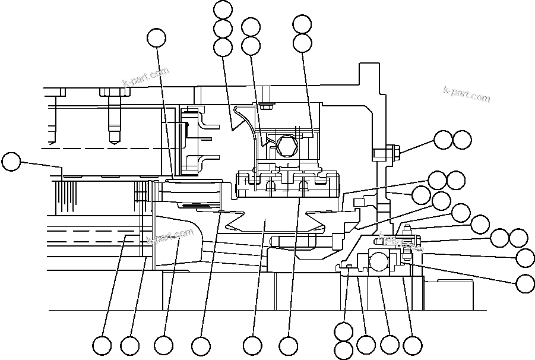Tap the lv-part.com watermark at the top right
click(x=467, y=94)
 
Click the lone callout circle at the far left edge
click(x=11, y=162)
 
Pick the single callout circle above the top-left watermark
click(x=157, y=37)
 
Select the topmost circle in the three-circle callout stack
click(x=223, y=10)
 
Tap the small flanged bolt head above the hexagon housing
click(x=265, y=108)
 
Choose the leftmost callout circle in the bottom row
click(x=102, y=345)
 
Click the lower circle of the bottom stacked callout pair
click(x=344, y=350)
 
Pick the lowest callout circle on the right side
click(x=525, y=283)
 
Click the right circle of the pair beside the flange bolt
click(x=462, y=140)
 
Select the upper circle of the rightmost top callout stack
click(x=302, y=24)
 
